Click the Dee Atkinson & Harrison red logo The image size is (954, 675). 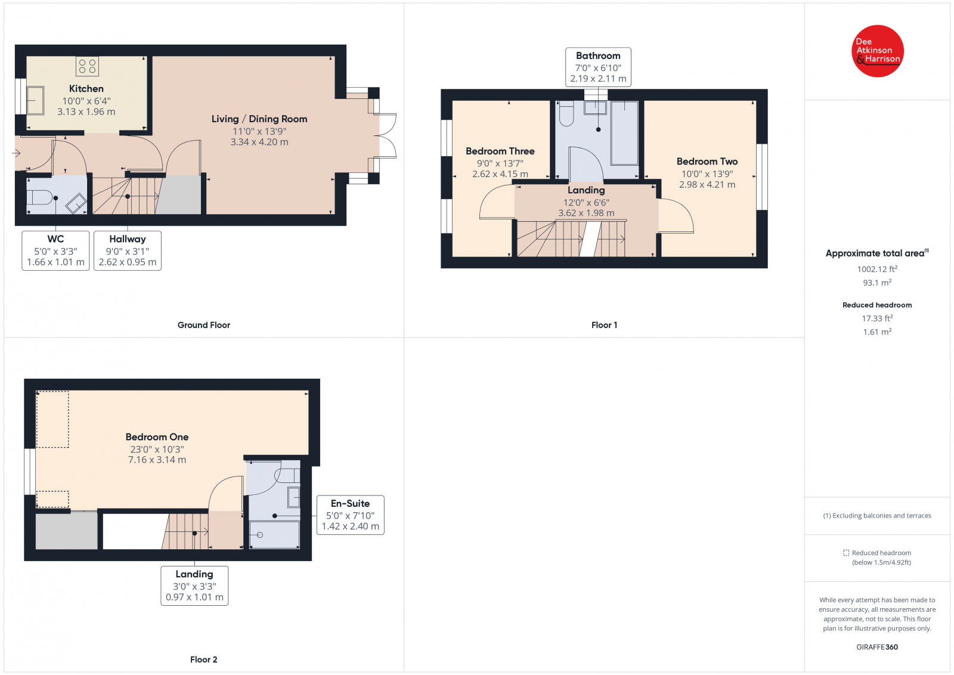pos(877,51)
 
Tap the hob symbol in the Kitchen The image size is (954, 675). pos(87,66)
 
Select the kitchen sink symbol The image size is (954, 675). pos(35,101)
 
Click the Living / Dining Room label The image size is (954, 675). pos(259,119)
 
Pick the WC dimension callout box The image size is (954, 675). pos(55,251)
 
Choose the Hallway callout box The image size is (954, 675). pos(128,251)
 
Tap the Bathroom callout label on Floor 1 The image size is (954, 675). pos(598,67)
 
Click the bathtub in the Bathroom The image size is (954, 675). pos(624,133)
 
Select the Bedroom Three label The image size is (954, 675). pos(500,151)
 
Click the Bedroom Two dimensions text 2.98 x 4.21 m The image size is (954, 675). pos(707,185)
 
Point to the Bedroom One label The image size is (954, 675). pos(157,437)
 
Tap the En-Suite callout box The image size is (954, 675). pos(351,515)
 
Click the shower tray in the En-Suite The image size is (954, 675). pos(274,534)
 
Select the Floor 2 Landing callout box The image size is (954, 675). pos(194,586)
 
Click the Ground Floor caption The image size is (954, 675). pos(203,325)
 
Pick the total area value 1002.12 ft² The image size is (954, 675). pos(877,269)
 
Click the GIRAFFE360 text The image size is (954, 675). pos(877,647)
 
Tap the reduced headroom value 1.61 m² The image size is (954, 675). pos(877,332)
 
